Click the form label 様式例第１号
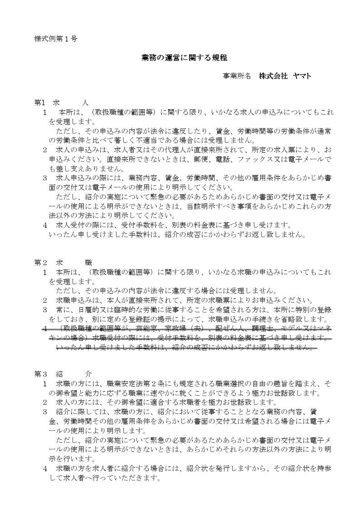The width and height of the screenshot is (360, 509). (56, 39)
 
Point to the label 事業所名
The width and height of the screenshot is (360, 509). (237, 76)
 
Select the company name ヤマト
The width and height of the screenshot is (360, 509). (302, 76)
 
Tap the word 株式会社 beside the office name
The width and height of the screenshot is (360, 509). (273, 76)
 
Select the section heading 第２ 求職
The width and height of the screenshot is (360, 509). (63, 262)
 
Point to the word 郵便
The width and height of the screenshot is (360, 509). (209, 159)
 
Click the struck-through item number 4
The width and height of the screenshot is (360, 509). (45, 328)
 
